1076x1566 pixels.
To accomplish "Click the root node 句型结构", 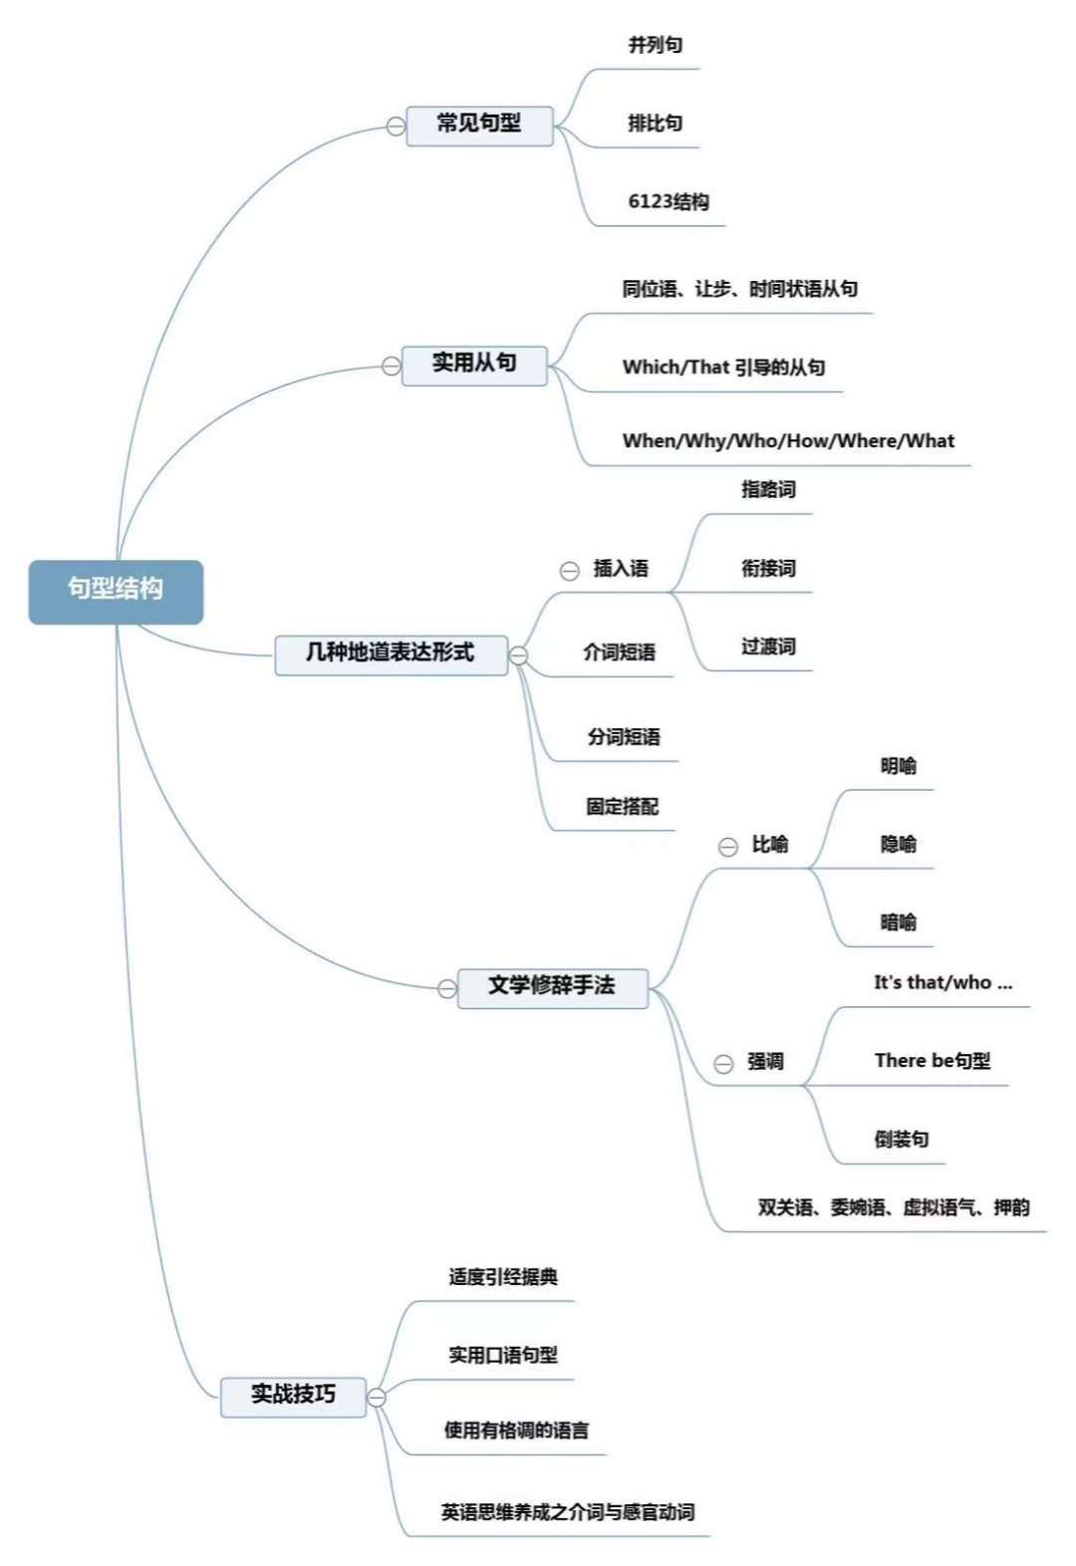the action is click(x=116, y=592).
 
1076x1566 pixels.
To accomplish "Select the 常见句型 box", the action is click(x=479, y=126).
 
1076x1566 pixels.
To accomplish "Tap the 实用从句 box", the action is click(x=474, y=365).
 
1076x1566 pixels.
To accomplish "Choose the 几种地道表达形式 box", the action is click(x=391, y=655).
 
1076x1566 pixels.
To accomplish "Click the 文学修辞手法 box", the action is click(x=552, y=988).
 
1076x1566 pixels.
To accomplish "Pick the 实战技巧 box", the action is click(x=294, y=1397).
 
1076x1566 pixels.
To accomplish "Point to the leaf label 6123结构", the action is click(x=669, y=202).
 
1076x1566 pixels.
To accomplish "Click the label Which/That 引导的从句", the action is click(x=723, y=367).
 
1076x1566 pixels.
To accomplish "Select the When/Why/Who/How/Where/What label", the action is click(x=788, y=440).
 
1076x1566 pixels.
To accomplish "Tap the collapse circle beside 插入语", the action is click(x=570, y=571).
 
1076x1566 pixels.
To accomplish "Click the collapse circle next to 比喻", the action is click(x=728, y=848).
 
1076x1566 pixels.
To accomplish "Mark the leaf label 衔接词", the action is click(x=768, y=569).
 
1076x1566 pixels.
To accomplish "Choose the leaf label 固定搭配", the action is click(x=623, y=807).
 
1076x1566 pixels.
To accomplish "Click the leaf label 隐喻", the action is click(x=899, y=845).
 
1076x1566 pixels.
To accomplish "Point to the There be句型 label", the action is click(x=933, y=1061).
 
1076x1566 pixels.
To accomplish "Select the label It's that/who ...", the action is click(x=933, y=982).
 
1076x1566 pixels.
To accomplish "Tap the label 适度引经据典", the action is click(x=503, y=1276).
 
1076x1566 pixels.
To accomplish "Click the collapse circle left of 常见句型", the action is click(x=396, y=127).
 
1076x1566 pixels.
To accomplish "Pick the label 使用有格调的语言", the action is click(x=517, y=1431).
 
